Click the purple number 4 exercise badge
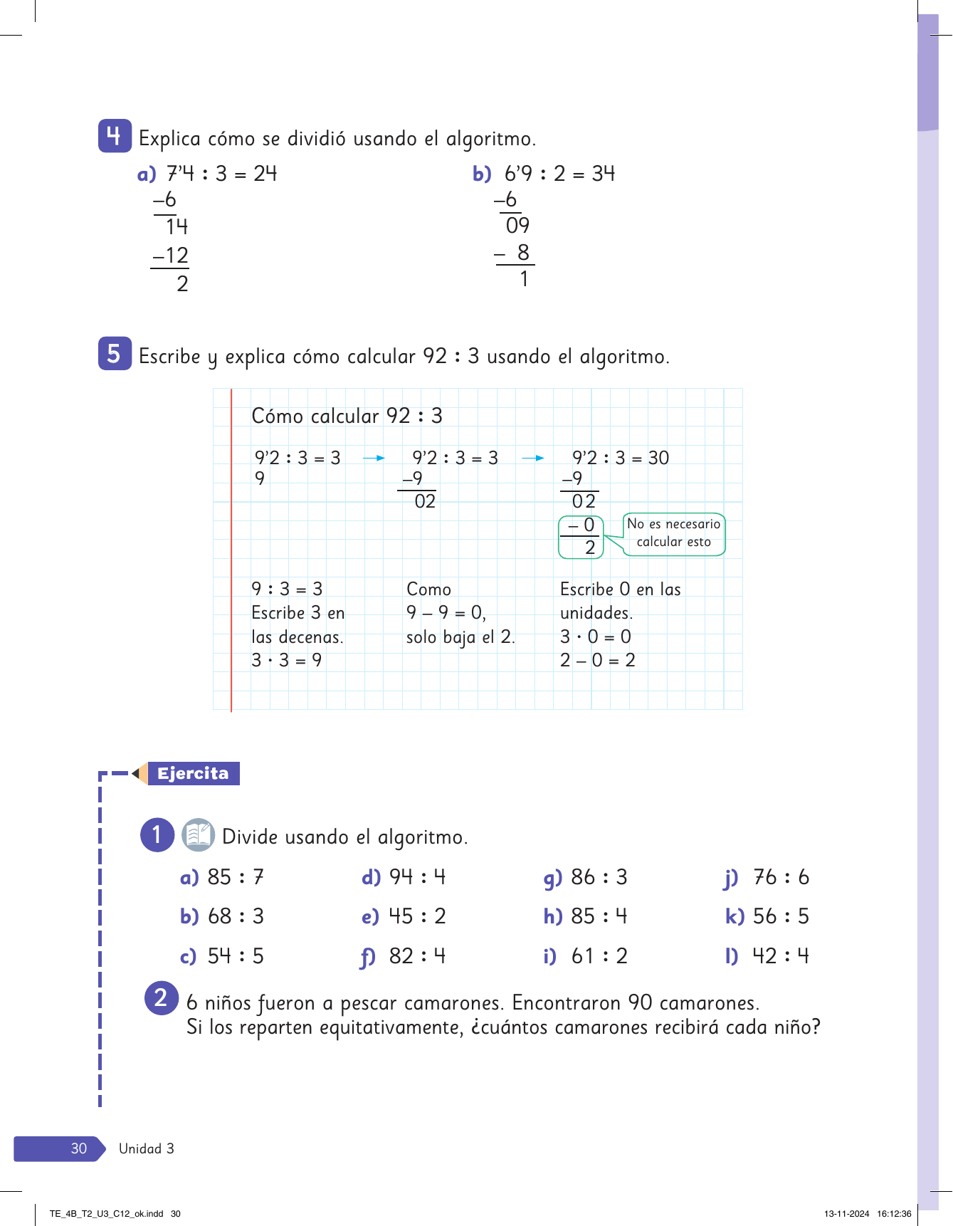115,135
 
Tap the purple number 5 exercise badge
115,353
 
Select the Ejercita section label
193,773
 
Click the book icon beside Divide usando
198,835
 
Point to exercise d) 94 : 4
404,877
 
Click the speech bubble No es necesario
673,533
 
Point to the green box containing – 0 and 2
581,536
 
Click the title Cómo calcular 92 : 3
347,416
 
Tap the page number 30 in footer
78,1148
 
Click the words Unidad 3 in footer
147,1148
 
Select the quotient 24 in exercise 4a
265,173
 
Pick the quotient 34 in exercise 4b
604,173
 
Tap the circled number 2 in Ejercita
161,997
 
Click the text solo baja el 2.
460,636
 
